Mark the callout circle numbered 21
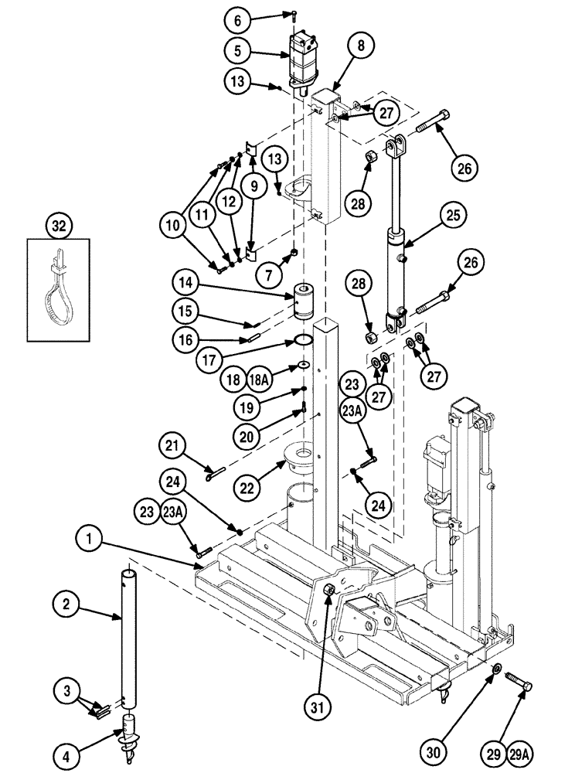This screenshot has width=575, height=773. pyautogui.click(x=174, y=446)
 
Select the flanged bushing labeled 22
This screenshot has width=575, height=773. pyautogui.click(x=303, y=460)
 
